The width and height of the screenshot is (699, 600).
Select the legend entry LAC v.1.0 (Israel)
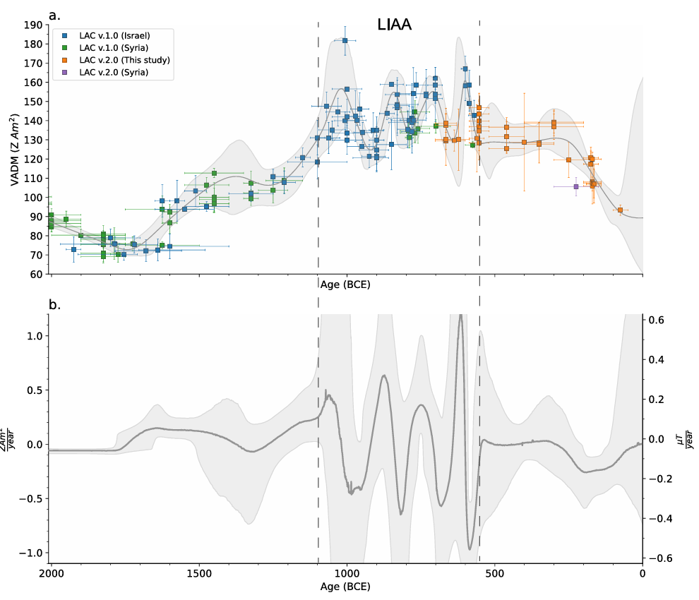tap(114, 35)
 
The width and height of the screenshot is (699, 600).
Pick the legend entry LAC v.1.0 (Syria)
tap(114, 47)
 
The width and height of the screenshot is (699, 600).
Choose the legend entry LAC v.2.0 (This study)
tap(124, 60)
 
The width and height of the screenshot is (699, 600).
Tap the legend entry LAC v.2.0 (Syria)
tap(114, 73)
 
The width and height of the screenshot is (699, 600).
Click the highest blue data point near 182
tap(345, 40)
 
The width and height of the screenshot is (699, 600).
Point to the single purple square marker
tap(576, 186)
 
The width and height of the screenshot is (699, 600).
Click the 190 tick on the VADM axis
tap(32, 25)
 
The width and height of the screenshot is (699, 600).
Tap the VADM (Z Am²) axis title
tap(14, 150)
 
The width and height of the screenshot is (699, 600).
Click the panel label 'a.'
tap(54, 14)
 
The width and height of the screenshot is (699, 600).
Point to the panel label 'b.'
tap(54, 305)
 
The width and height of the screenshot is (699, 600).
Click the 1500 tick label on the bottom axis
tap(198, 573)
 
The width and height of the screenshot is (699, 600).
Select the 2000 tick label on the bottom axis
tap(50, 573)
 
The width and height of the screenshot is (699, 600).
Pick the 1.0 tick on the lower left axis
tap(32, 336)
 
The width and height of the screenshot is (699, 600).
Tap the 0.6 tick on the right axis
tap(657, 320)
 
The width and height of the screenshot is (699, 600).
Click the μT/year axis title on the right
tap(688, 438)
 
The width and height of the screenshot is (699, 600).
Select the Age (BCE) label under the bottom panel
tap(346, 587)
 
